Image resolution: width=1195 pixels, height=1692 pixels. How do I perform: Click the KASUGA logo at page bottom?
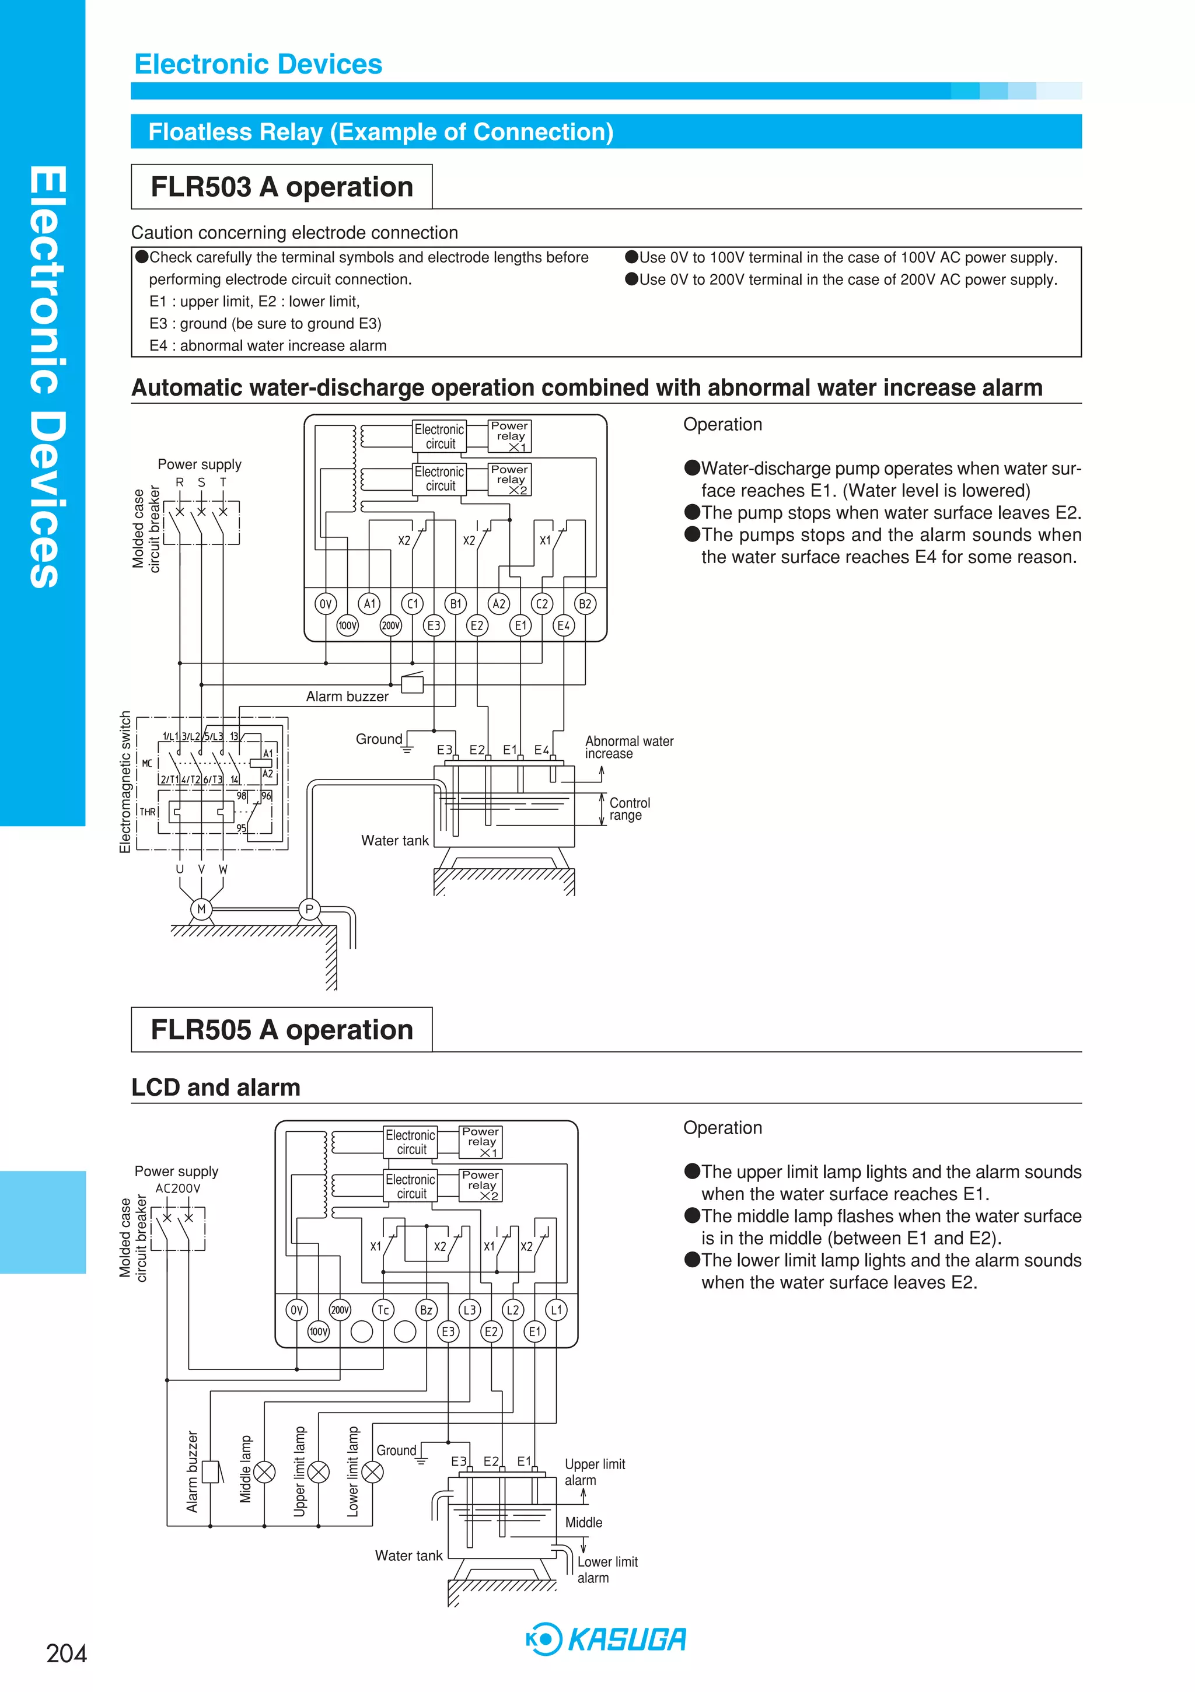[606, 1639]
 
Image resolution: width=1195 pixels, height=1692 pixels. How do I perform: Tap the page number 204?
[67, 1653]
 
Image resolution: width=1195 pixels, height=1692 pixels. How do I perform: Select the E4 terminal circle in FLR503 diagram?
[563, 625]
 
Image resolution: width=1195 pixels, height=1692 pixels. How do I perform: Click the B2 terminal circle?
[585, 603]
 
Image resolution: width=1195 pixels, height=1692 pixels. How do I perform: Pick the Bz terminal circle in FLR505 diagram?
[426, 1309]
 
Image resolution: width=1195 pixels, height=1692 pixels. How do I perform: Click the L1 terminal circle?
[556, 1309]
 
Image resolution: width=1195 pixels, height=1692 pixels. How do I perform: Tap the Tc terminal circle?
[383, 1309]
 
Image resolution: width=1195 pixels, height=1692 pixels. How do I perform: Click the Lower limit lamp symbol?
[373, 1471]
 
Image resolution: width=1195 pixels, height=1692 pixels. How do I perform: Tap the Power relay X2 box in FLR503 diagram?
[509, 479]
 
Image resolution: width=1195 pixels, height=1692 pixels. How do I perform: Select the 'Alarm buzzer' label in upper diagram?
[347, 697]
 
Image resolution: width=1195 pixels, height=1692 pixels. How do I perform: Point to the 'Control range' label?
[629, 809]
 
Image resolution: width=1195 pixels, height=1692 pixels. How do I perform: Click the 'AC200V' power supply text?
[177, 1188]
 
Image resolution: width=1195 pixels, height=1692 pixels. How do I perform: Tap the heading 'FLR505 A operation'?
[282, 1030]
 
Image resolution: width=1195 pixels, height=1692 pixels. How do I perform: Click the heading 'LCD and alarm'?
[216, 1087]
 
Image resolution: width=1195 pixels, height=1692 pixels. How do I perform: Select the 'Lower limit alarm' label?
[607, 1569]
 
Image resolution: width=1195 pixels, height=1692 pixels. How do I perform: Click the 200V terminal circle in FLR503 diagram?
[391, 625]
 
